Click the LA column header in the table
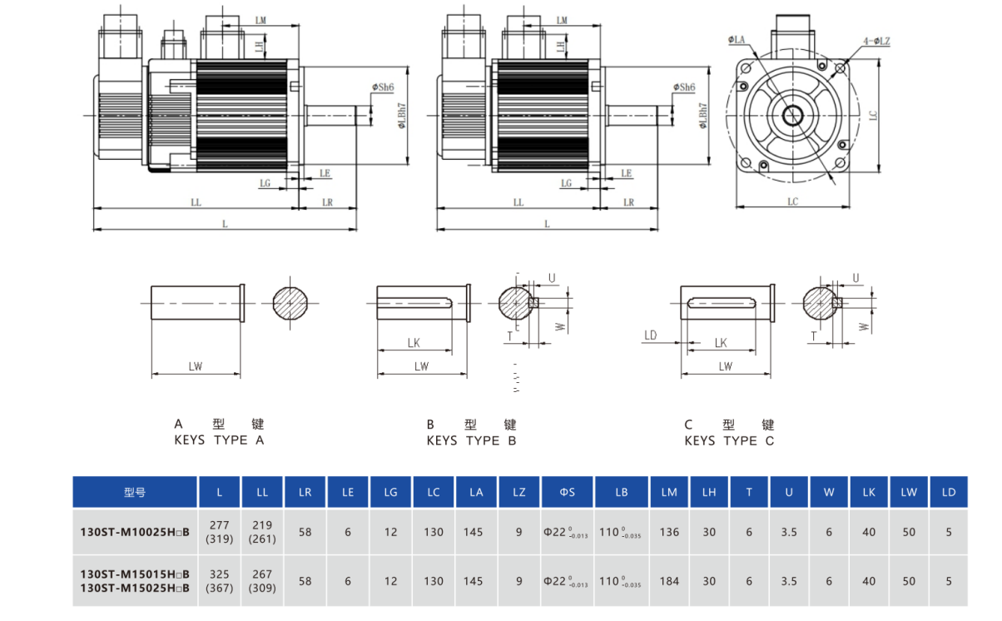pos(476,492)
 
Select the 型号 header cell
pos(135,492)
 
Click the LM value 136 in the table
pos(669,531)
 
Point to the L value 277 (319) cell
pos(220,531)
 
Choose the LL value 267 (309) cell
pos(262,580)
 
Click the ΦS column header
pos(567,492)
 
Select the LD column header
pos(949,492)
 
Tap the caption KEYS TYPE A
pos(219,440)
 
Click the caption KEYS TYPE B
pos(472,440)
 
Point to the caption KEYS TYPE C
pos(729,440)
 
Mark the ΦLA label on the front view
pos(737,39)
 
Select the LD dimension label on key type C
pos(651,335)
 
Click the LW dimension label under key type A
pos(196,365)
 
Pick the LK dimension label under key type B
pos(414,342)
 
